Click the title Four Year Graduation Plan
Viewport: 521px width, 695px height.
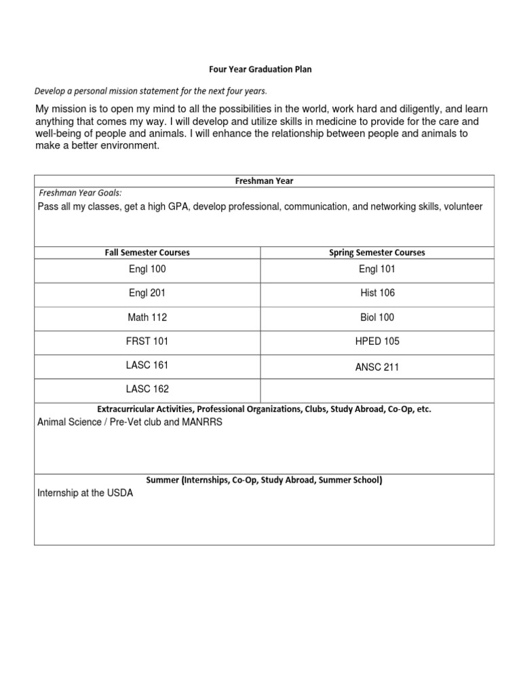[x=259, y=69]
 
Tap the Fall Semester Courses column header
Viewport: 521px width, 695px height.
[x=147, y=252]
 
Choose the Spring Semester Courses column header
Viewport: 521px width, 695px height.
[x=378, y=252]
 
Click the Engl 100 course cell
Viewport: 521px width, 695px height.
[x=147, y=269]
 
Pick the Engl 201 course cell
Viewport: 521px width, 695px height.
[x=147, y=293]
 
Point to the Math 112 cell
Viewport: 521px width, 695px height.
[x=147, y=318]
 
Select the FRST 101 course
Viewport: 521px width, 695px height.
[x=147, y=341]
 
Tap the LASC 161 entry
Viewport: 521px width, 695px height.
[x=147, y=365]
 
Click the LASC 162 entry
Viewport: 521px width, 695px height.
[x=147, y=390]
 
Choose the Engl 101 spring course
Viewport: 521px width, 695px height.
[x=378, y=269]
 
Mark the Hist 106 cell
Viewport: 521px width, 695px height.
[x=378, y=293]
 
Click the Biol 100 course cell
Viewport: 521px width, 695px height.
[x=378, y=318]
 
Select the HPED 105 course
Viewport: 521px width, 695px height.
[x=378, y=341]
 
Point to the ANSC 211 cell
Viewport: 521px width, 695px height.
[x=378, y=367]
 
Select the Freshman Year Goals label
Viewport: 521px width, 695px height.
[x=80, y=193]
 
